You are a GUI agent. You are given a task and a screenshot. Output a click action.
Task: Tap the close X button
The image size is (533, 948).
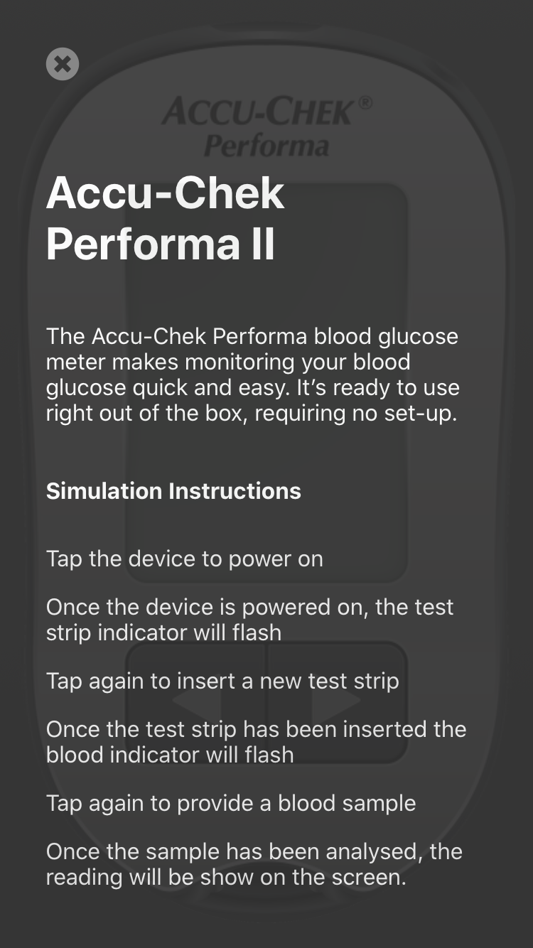[63, 64]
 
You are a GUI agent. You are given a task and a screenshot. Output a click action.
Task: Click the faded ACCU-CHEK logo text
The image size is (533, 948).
[257, 112]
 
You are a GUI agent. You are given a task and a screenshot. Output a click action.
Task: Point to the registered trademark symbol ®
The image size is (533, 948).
[365, 102]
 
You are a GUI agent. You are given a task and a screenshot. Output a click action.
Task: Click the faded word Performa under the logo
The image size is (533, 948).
[266, 146]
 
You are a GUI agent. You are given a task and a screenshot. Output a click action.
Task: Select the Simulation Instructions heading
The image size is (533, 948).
[173, 491]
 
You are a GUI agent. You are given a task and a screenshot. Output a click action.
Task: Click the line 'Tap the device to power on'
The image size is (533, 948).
[185, 559]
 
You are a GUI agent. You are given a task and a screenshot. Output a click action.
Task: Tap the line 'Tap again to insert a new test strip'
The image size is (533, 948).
[222, 681]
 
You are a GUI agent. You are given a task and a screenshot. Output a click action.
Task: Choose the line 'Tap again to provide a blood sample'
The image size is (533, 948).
[231, 803]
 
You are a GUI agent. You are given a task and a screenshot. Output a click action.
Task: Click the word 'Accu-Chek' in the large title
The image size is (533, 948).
[166, 193]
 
